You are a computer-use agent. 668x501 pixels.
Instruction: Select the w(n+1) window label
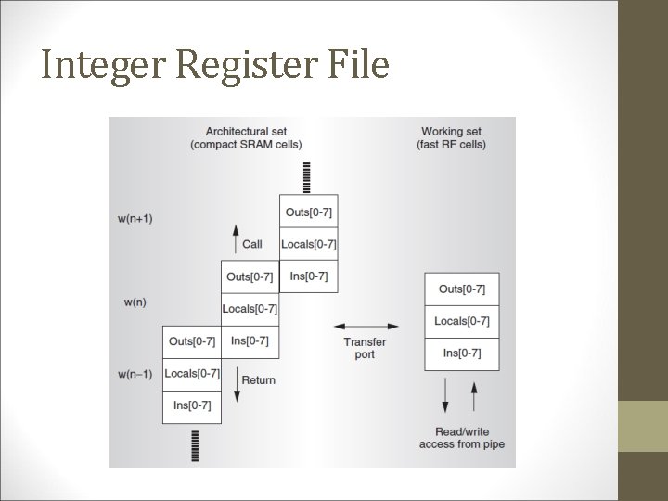pos(135,218)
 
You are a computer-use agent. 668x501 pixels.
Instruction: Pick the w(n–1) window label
pos(135,374)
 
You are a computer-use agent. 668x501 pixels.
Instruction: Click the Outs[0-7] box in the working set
pos(461,289)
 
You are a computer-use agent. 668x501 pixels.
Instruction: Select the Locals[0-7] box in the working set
pos(461,321)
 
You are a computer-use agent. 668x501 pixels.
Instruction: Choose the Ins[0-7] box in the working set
pos(461,353)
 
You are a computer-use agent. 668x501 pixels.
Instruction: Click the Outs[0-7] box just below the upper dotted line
pos(308,212)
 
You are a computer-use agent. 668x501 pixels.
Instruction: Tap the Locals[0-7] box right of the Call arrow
pos(308,244)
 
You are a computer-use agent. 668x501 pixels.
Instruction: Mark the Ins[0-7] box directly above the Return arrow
pos(250,340)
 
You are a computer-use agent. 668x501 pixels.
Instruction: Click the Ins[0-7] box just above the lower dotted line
pos(191,405)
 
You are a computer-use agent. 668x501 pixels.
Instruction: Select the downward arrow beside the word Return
pos(236,391)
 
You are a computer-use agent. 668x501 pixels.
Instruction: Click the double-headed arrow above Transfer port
pos(366,327)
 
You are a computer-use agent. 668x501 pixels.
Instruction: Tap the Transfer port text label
pos(365,349)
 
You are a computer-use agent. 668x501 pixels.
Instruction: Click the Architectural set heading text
pos(245,137)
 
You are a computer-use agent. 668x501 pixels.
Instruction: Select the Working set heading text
pos(453,137)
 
